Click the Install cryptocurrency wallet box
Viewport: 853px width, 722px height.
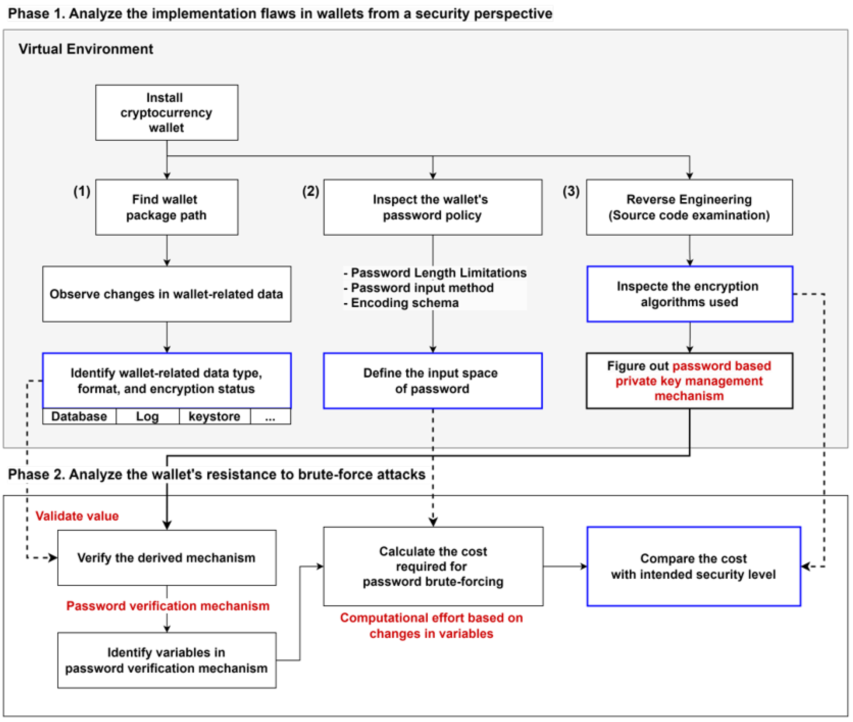pos(167,113)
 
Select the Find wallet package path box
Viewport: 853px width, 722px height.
pos(167,207)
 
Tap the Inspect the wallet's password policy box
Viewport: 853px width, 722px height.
pos(433,207)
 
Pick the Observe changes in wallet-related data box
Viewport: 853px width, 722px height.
pos(167,294)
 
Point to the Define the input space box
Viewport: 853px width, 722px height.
pos(433,381)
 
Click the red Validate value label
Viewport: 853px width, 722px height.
pos(77,516)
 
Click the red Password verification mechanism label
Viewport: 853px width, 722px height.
pos(168,606)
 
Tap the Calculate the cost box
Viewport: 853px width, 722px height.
pos(433,566)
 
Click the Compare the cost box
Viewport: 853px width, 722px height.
pos(693,566)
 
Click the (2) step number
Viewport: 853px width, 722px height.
pos(311,191)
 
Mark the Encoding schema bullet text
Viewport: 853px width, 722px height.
pos(404,303)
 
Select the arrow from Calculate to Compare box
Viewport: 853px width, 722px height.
pos(565,566)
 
